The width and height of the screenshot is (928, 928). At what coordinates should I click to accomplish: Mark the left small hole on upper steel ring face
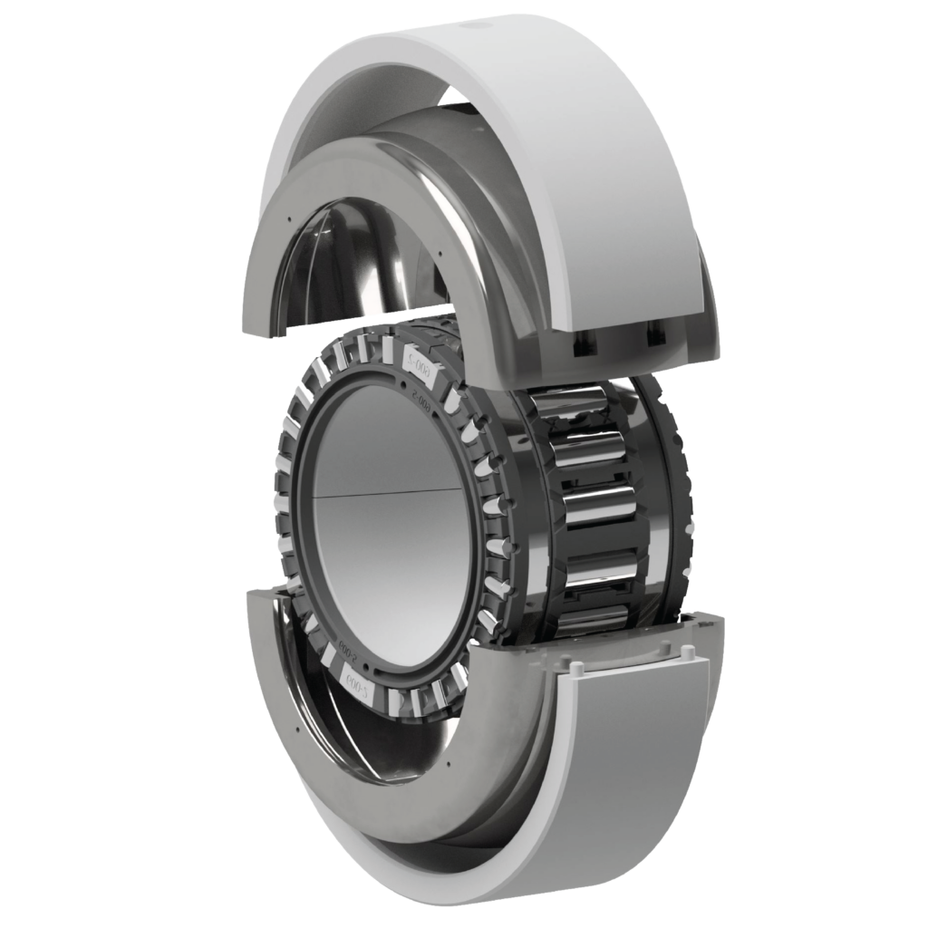286,218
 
